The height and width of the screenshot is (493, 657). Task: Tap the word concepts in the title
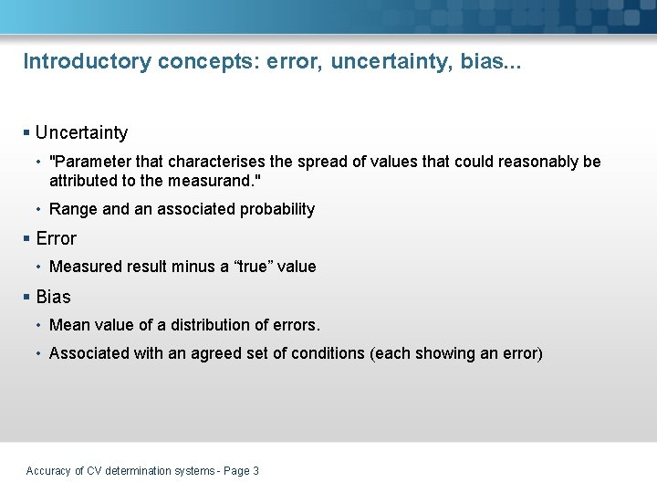click(x=205, y=62)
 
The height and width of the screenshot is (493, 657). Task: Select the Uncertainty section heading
click(x=81, y=133)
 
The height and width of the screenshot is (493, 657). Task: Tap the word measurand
click(x=209, y=180)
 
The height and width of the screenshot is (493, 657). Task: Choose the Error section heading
click(x=56, y=238)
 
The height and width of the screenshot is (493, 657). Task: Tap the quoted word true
click(x=252, y=267)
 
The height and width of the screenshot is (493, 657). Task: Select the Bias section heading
click(x=53, y=297)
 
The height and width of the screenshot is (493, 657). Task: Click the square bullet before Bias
click(x=26, y=297)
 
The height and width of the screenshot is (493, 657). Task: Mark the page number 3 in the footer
click(x=255, y=471)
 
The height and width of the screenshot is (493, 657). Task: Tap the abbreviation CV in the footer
click(x=93, y=471)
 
